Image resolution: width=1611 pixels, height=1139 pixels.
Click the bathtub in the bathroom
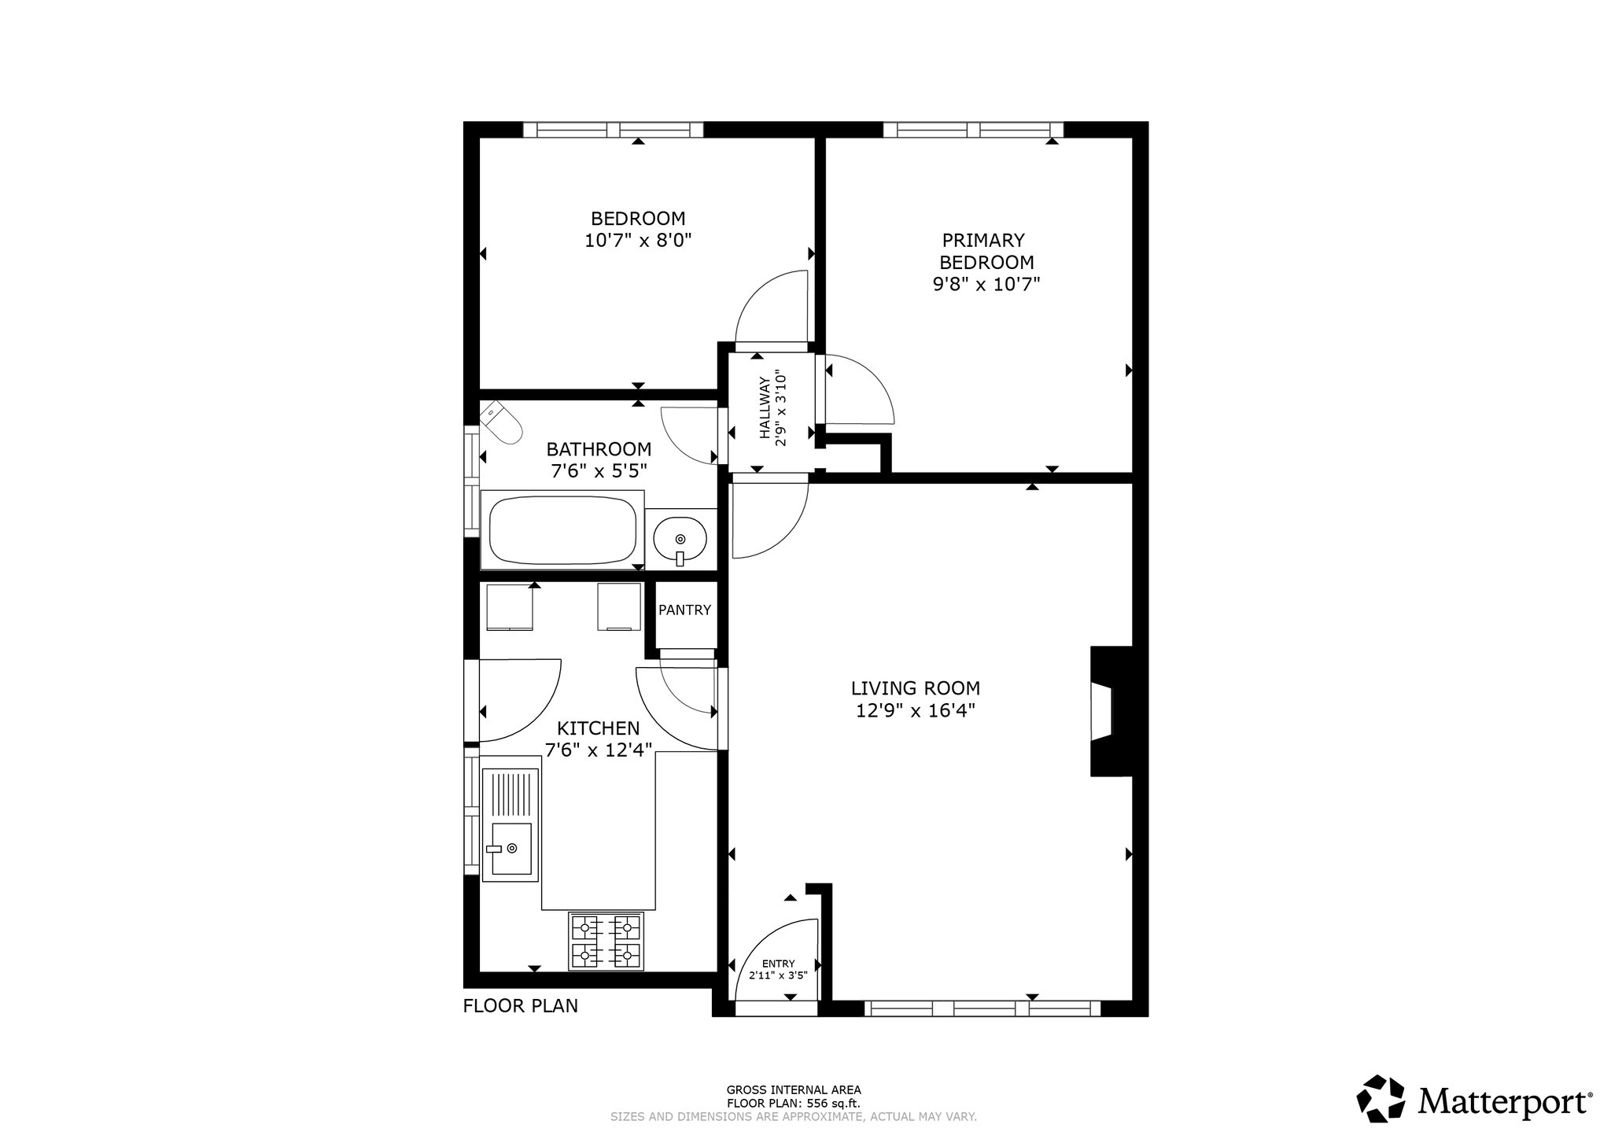point(562,529)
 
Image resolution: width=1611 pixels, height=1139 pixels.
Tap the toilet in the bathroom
point(501,423)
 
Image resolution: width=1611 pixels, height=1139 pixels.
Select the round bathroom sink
point(680,539)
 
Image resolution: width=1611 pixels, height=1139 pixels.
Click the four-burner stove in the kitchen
point(606,941)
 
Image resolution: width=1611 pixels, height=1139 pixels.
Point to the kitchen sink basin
point(511,849)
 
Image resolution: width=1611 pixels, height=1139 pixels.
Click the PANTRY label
point(684,610)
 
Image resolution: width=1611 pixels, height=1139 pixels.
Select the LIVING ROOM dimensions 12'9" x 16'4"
point(916,711)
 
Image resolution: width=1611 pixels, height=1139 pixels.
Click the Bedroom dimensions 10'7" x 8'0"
point(638,240)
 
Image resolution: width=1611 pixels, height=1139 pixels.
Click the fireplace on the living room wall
point(1111,711)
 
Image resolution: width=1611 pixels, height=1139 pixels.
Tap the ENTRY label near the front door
point(779,964)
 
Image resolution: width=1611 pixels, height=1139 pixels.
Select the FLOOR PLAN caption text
point(521,1005)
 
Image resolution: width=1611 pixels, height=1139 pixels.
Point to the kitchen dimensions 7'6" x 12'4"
point(599,750)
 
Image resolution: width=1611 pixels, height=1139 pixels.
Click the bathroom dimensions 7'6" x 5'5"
point(599,471)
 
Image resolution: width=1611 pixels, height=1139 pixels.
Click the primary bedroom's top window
point(974,130)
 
